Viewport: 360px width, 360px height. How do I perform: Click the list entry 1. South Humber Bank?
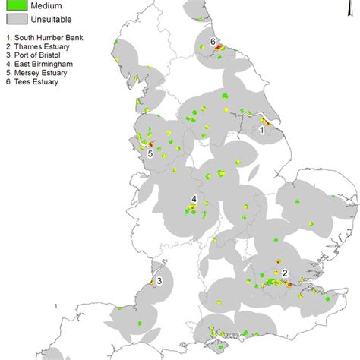click(x=44, y=37)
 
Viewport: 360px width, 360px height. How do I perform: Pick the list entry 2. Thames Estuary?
click(x=39, y=46)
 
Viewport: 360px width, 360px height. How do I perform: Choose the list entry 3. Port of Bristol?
click(x=38, y=55)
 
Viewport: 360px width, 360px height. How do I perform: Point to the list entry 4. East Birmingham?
click(x=41, y=65)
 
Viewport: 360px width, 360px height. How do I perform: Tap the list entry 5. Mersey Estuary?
click(x=39, y=74)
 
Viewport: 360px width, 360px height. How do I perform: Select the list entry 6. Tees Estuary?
click(x=36, y=83)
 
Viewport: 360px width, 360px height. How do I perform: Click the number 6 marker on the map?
click(x=213, y=41)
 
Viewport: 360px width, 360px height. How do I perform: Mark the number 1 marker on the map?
click(x=262, y=130)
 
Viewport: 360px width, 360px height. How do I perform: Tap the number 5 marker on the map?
click(x=150, y=153)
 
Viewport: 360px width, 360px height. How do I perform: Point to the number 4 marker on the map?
click(x=194, y=199)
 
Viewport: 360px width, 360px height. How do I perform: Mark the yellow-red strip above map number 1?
click(x=264, y=120)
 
